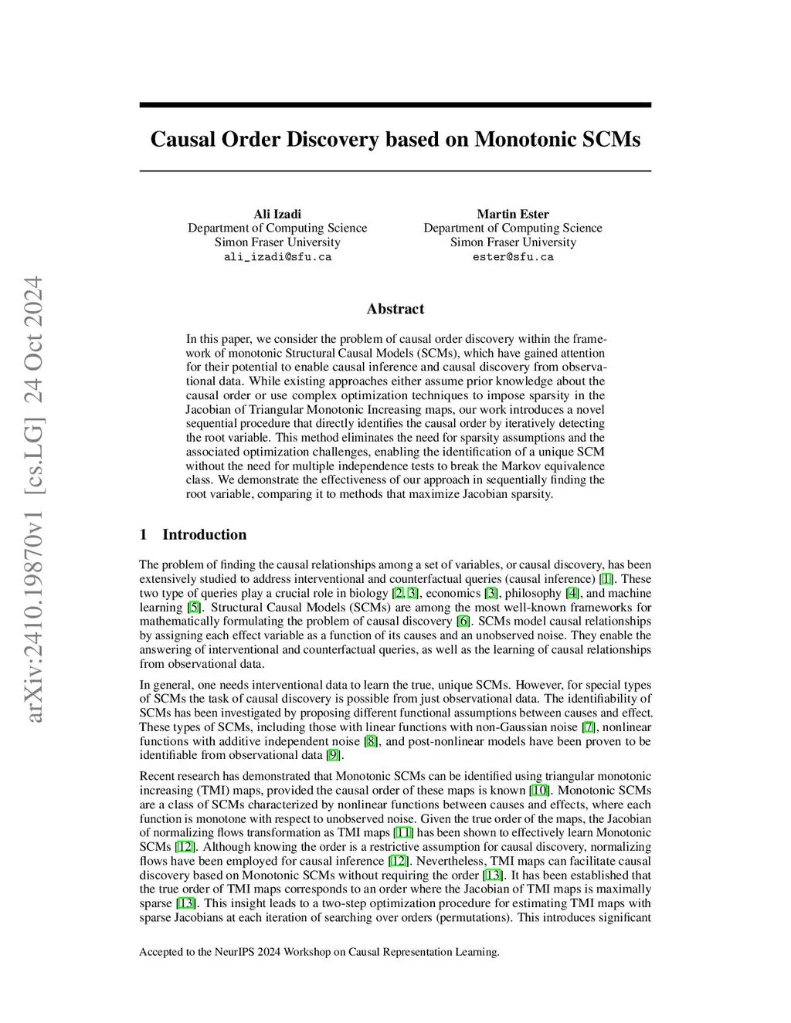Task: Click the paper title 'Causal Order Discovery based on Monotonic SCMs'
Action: coord(395,139)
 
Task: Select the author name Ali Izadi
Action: coord(277,214)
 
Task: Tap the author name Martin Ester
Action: coord(512,214)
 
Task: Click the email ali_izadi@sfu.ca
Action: coord(277,257)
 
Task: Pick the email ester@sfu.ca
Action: coord(513,257)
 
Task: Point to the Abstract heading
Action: coord(395,309)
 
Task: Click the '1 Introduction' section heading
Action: coord(193,534)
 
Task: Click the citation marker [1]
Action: coord(606,579)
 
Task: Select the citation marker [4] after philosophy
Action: coord(572,593)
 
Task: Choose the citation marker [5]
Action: coord(194,607)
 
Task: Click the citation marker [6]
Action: coord(463,621)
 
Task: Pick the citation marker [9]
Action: coord(333,755)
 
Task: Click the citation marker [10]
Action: coord(539,790)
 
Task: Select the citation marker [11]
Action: coord(403,832)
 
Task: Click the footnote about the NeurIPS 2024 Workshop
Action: coord(319,951)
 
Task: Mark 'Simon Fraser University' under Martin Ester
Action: coord(513,242)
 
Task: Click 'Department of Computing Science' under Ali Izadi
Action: coord(277,228)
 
